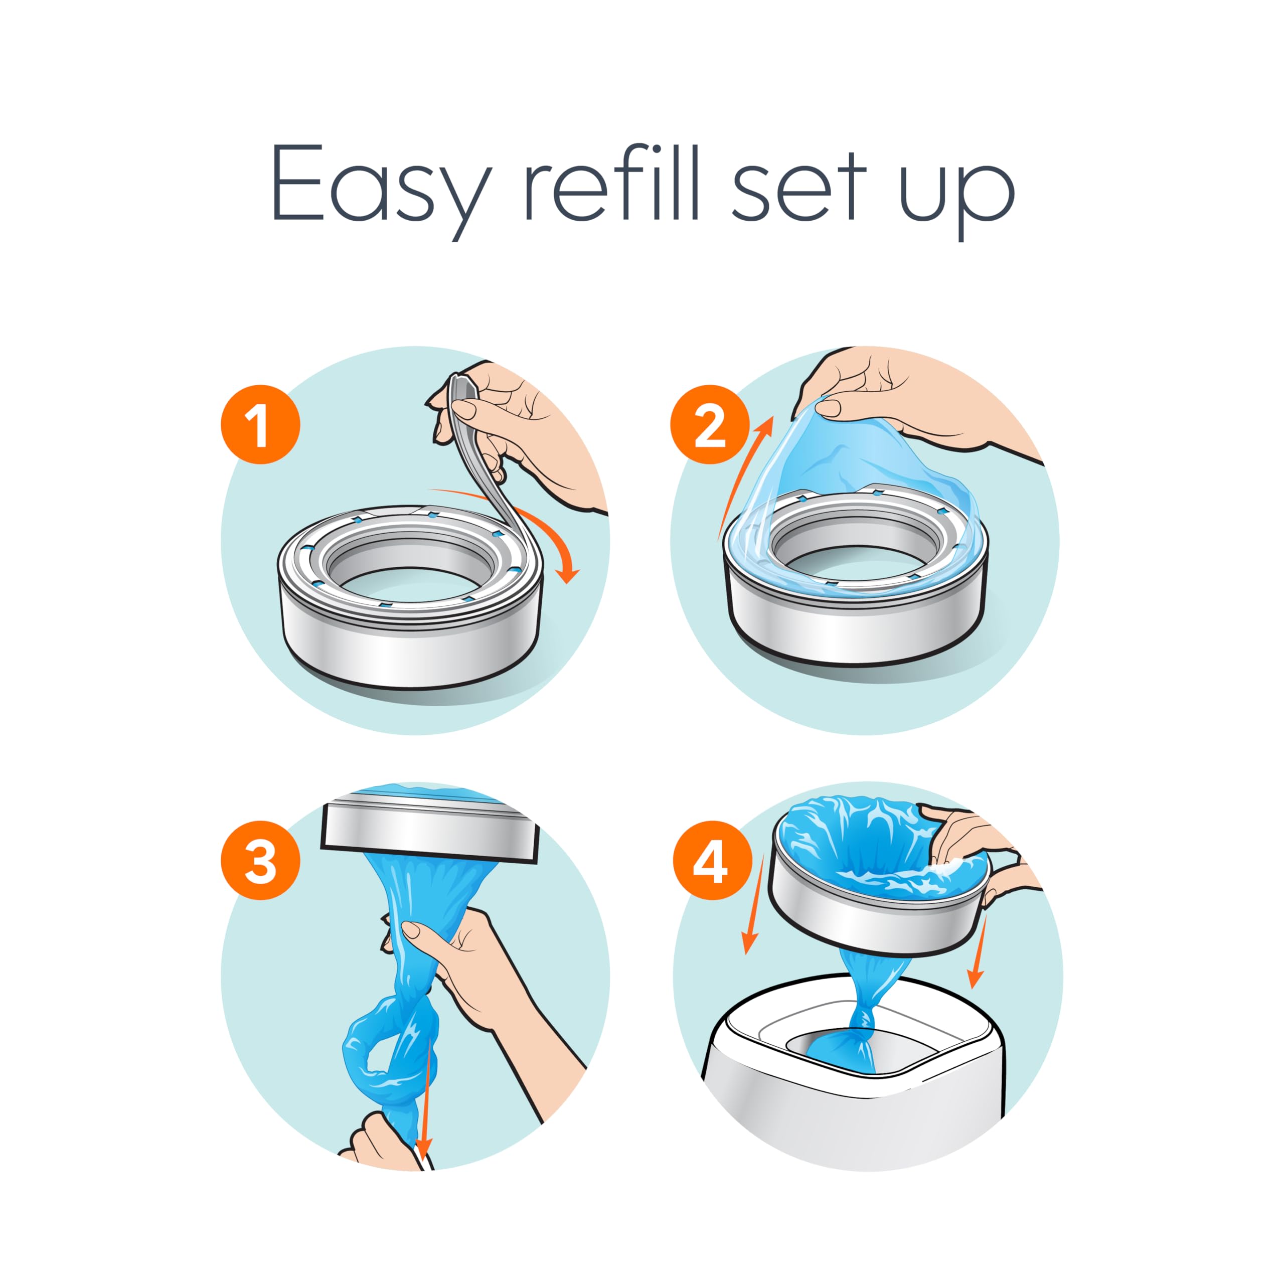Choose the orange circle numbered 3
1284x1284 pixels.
pyautogui.click(x=260, y=861)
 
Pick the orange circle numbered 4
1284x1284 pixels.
pyautogui.click(x=710, y=861)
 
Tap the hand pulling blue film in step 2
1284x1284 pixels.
pyautogui.click(x=917, y=412)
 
